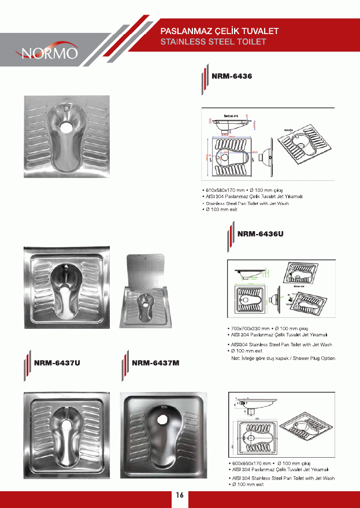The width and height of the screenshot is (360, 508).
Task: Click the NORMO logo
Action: click(x=50, y=53)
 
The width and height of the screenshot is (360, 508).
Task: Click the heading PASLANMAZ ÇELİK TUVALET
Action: click(x=220, y=30)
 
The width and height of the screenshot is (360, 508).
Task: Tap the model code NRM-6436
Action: click(x=232, y=76)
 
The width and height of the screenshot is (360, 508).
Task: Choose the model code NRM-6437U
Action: click(x=57, y=363)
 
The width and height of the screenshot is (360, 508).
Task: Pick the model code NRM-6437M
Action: click(x=156, y=363)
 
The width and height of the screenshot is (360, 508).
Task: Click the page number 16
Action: click(x=180, y=495)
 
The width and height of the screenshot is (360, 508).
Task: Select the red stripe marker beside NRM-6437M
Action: click(x=125, y=365)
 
